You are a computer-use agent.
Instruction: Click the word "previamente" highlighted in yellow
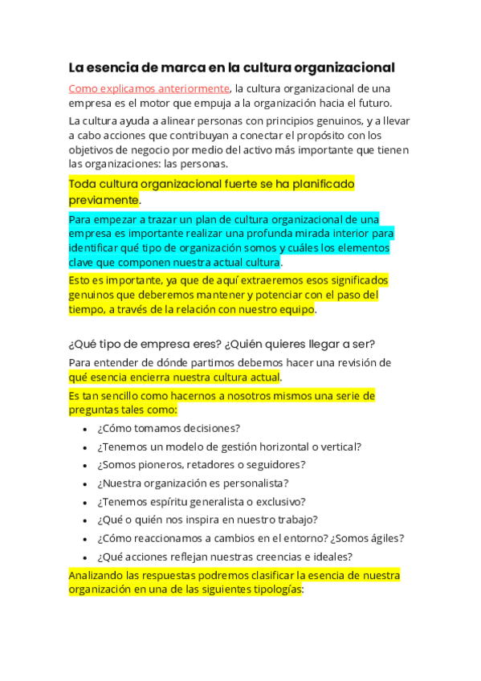(104, 200)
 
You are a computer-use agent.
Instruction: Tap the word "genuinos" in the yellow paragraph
(92, 295)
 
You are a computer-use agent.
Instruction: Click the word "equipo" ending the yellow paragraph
(296, 309)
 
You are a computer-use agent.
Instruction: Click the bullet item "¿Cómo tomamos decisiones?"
(169, 429)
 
